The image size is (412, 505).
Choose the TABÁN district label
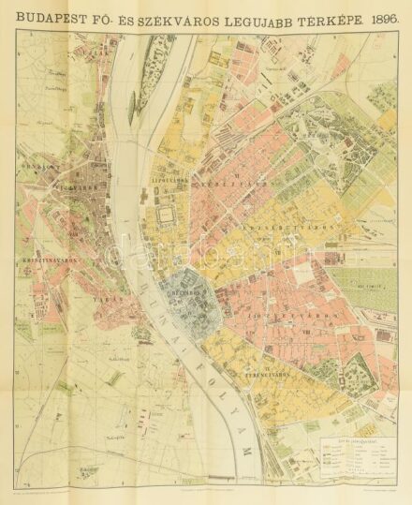pos(103,298)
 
